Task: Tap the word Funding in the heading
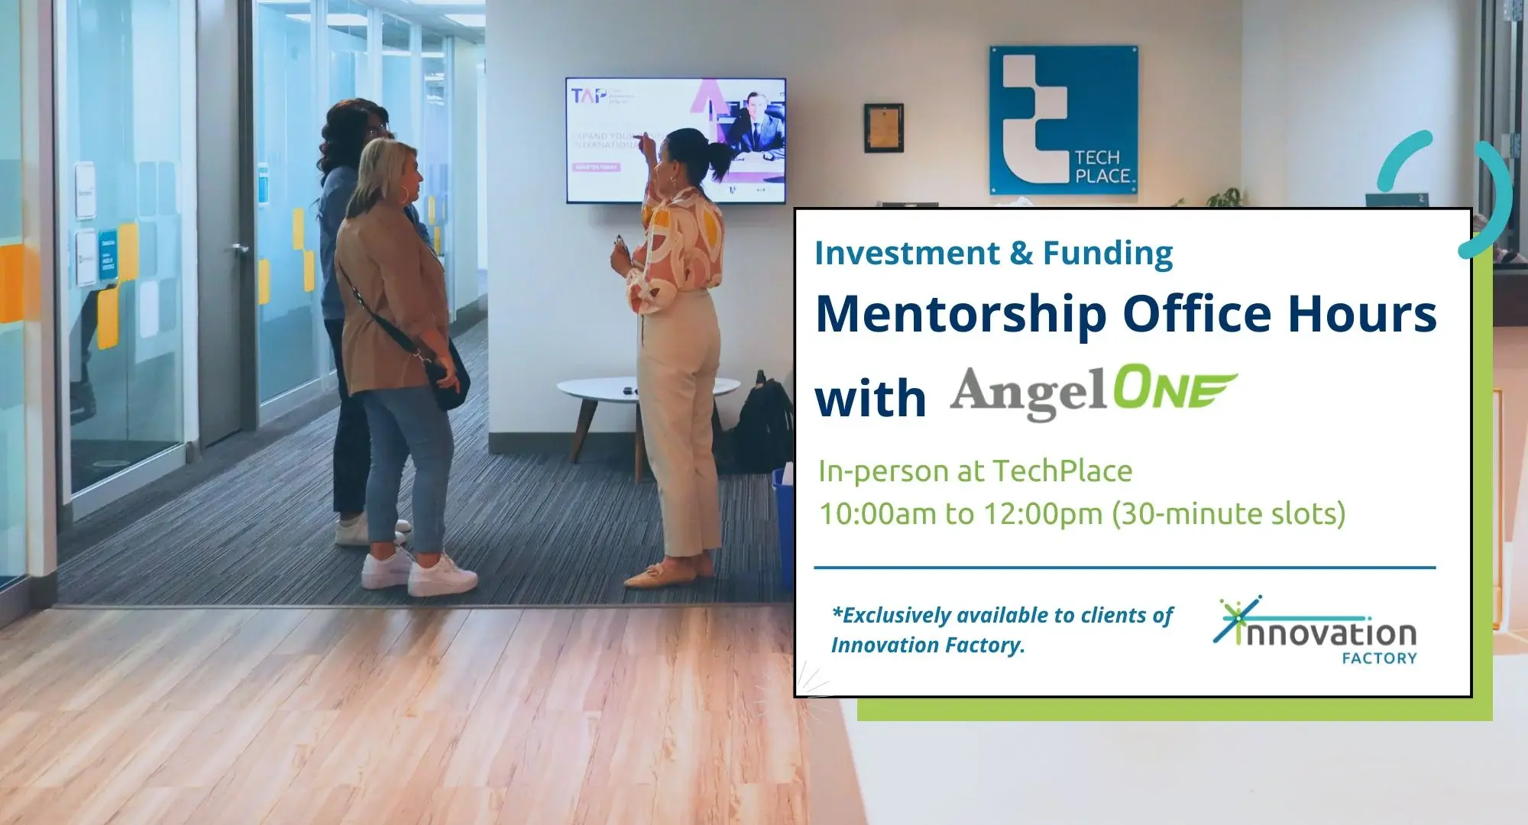pyautogui.click(x=1108, y=253)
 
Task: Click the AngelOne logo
pyautogui.click(x=1093, y=393)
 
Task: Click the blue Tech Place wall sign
pyautogui.click(x=1063, y=120)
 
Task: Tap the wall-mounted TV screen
pyautogui.click(x=675, y=140)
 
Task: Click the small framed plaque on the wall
pyautogui.click(x=883, y=128)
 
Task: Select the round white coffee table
pyautogui.click(x=648, y=390)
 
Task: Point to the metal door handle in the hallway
pyautogui.click(x=240, y=249)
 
